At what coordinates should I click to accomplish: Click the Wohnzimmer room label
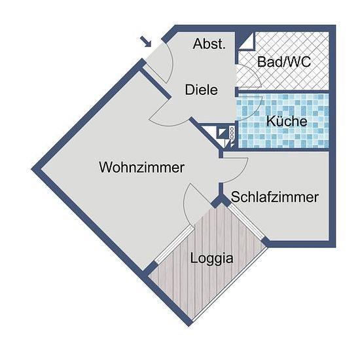click(x=141, y=168)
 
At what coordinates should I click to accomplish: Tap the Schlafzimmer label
click(x=275, y=197)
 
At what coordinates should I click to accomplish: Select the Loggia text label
click(x=211, y=259)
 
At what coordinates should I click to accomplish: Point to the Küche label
click(x=287, y=121)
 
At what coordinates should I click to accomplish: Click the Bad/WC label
click(x=284, y=62)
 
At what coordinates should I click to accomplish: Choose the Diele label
click(x=202, y=90)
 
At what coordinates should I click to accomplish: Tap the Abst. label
click(x=209, y=44)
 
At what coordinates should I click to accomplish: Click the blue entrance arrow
click(x=145, y=41)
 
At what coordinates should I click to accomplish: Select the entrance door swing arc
click(x=170, y=62)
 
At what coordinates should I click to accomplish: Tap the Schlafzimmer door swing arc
click(x=243, y=171)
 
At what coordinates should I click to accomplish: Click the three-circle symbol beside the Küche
click(x=232, y=133)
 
